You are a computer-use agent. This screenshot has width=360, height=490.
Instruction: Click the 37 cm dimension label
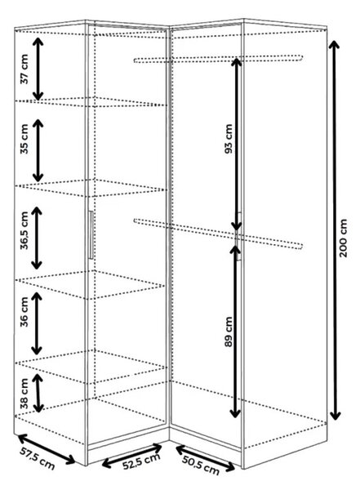(24, 69)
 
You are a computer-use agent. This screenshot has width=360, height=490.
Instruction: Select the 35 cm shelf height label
(24, 139)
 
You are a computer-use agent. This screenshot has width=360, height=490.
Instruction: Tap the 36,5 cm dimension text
(24, 230)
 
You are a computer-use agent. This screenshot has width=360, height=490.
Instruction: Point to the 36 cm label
(24, 312)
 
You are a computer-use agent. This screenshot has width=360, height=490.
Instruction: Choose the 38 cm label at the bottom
(24, 393)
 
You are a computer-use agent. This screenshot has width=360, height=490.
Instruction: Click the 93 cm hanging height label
(229, 139)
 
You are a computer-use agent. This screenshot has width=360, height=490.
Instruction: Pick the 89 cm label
(229, 332)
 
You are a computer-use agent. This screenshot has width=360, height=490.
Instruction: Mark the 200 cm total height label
(343, 238)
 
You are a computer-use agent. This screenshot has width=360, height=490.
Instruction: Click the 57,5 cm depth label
(38, 458)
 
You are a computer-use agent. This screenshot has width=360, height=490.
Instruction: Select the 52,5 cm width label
(141, 461)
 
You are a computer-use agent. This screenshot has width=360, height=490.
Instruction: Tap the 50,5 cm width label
(200, 465)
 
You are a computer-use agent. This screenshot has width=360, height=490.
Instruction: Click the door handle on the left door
(91, 234)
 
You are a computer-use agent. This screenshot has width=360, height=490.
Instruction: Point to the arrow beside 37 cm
(38, 69)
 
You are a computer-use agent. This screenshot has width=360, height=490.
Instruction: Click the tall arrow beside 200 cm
(335, 230)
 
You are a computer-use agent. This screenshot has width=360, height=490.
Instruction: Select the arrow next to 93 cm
(237, 144)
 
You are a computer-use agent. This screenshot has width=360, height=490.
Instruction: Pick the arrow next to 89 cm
(235, 331)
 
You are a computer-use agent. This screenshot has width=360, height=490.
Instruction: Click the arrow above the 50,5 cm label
(206, 458)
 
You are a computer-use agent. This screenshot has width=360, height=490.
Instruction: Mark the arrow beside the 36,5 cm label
(37, 238)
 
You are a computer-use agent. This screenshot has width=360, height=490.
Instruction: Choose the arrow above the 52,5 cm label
(132, 456)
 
